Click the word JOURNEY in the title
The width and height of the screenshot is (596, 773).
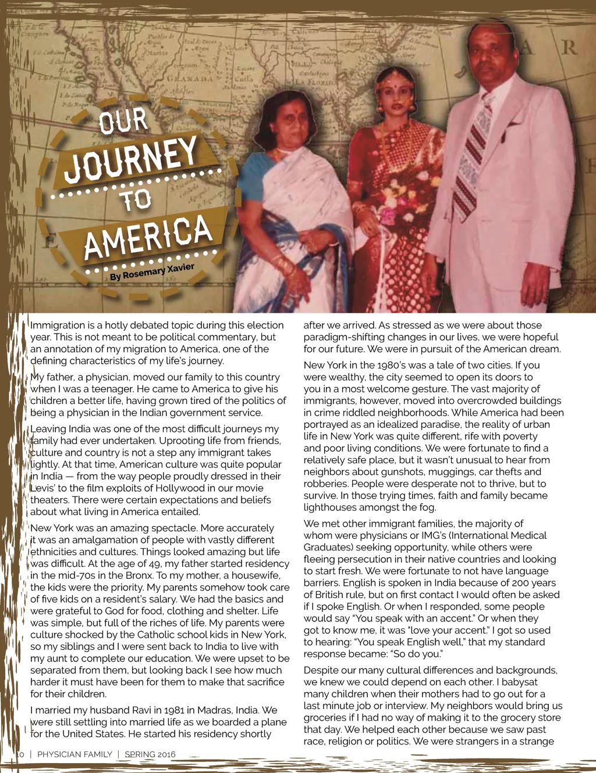coord(131,158)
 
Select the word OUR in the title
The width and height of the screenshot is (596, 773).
coord(123,121)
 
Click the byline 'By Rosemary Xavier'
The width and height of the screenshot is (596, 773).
coord(152,271)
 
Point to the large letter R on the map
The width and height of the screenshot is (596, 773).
coord(569,47)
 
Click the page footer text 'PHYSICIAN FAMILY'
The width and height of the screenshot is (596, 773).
coord(74,754)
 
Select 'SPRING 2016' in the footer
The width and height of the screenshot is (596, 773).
coord(150,754)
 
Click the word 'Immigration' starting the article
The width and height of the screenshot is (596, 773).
coord(58,325)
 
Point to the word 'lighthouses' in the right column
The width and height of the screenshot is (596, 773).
coord(331,507)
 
